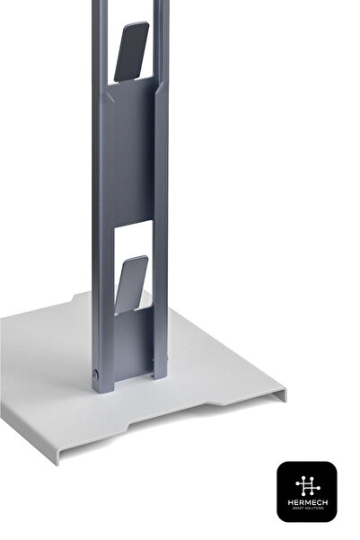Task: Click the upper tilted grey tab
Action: pos(130,50)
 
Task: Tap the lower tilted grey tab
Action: pos(131,284)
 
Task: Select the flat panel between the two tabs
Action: pos(131,153)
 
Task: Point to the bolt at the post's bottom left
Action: pos(97,371)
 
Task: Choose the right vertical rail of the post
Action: pos(162,180)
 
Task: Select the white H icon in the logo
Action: pos(306,482)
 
